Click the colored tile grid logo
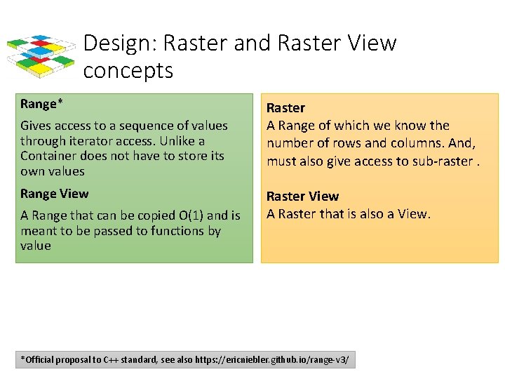pyautogui.click(x=41, y=55)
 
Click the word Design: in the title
pyautogui.click(x=119, y=44)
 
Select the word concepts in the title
pyautogui.click(x=128, y=71)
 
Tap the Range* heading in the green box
pyautogui.click(x=41, y=105)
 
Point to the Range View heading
pyautogui.click(x=55, y=194)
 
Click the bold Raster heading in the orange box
pyautogui.click(x=285, y=108)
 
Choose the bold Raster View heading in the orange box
pyautogui.click(x=302, y=197)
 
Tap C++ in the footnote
pyautogui.click(x=111, y=361)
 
